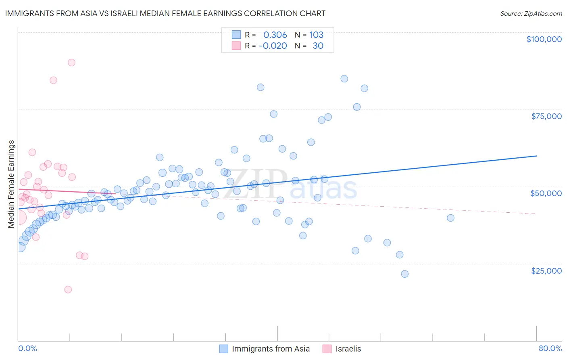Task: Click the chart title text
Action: (x=165, y=13)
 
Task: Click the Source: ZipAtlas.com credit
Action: (x=531, y=13)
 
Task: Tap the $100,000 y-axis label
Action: (x=544, y=39)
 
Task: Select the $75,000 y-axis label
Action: (x=546, y=116)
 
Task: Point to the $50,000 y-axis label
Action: (x=546, y=193)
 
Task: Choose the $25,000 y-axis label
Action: (x=546, y=271)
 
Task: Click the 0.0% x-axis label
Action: (x=27, y=348)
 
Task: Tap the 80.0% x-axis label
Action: (x=550, y=348)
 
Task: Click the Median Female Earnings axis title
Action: (x=11, y=184)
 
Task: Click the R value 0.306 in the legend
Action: (x=275, y=35)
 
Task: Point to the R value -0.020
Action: (x=273, y=46)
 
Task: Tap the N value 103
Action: (x=317, y=35)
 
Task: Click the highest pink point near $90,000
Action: (x=71, y=63)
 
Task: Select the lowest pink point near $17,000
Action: (x=68, y=289)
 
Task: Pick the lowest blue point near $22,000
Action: (x=404, y=274)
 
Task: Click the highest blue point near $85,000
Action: (x=344, y=79)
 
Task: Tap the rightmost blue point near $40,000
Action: (x=450, y=218)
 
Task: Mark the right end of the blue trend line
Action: (x=536, y=156)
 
